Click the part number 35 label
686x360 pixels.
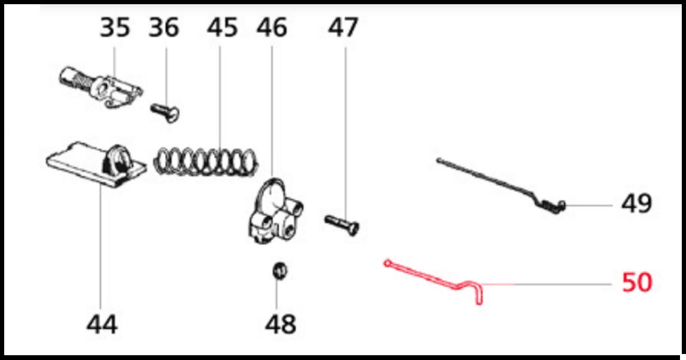115,27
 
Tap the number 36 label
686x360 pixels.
164,27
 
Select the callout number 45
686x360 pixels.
222,27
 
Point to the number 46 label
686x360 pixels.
272,27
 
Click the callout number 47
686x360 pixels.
343,27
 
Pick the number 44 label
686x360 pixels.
102,325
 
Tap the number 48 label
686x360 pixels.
281,325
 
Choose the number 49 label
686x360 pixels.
637,203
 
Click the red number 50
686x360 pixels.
637,283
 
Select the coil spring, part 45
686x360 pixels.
206,161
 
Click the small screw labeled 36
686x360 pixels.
165,112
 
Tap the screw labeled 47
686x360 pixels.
342,224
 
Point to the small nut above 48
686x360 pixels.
280,270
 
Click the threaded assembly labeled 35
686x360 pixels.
101,87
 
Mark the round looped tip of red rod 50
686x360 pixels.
387,263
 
